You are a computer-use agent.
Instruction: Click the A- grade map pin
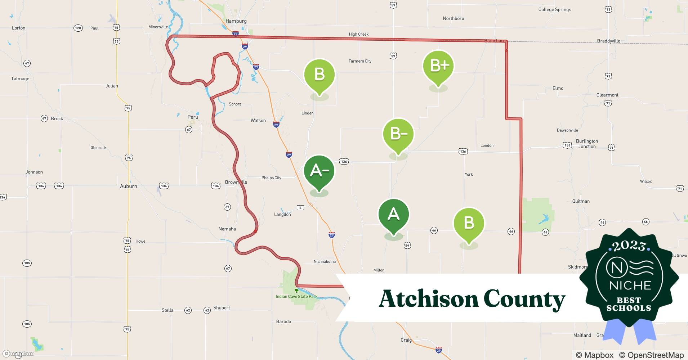pos(319,171)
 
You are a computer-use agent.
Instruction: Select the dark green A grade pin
pos(393,215)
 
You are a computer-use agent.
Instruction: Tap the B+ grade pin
pos(438,66)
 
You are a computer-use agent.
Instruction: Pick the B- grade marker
pos(398,134)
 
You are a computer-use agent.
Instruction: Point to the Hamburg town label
pos(236,21)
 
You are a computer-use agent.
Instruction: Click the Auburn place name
pos(128,186)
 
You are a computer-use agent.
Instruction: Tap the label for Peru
pos(193,117)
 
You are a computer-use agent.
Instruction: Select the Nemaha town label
pos(227,229)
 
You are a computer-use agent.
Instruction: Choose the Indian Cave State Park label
pos(296,297)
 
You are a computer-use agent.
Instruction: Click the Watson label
pos(258,121)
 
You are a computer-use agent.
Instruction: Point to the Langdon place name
pos(282,215)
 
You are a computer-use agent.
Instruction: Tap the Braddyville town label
pos(608,41)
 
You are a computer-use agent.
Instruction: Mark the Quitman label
pos(581,201)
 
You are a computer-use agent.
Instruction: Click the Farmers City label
pos(360,61)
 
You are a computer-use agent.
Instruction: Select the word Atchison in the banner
pos(428,299)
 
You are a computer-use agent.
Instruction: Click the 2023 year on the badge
pos(629,246)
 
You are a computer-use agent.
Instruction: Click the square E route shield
pos(300,207)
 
